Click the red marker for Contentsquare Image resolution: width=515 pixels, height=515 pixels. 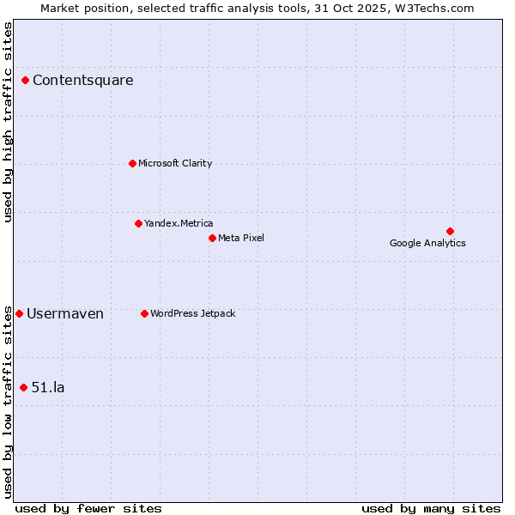click(26, 81)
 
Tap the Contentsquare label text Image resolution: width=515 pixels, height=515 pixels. click(82, 81)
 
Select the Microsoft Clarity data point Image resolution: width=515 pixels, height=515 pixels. click(132, 163)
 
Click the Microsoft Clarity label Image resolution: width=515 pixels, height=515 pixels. click(175, 163)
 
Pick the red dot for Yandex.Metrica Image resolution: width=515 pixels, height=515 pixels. click(138, 223)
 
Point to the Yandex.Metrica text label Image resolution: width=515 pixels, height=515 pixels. click(179, 223)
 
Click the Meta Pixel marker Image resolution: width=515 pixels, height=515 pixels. click(212, 238)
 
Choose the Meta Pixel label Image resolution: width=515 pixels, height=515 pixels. click(241, 238)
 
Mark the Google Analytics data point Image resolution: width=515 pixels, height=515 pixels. click(450, 231)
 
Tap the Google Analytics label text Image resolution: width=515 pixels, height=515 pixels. click(427, 243)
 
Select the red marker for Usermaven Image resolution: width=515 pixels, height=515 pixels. click(20, 313)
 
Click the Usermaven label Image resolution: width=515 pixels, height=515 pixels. click(65, 314)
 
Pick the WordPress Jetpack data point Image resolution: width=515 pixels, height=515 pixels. click(144, 313)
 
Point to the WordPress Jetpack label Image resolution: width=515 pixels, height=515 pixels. click(192, 313)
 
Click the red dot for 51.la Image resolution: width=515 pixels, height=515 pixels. click(23, 387)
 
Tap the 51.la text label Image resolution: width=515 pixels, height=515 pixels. click(48, 387)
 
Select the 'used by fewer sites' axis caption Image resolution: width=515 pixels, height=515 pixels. click(88, 508)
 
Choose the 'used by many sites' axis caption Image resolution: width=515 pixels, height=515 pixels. click(431, 508)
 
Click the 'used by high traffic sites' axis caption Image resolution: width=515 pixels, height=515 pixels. click(8, 122)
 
